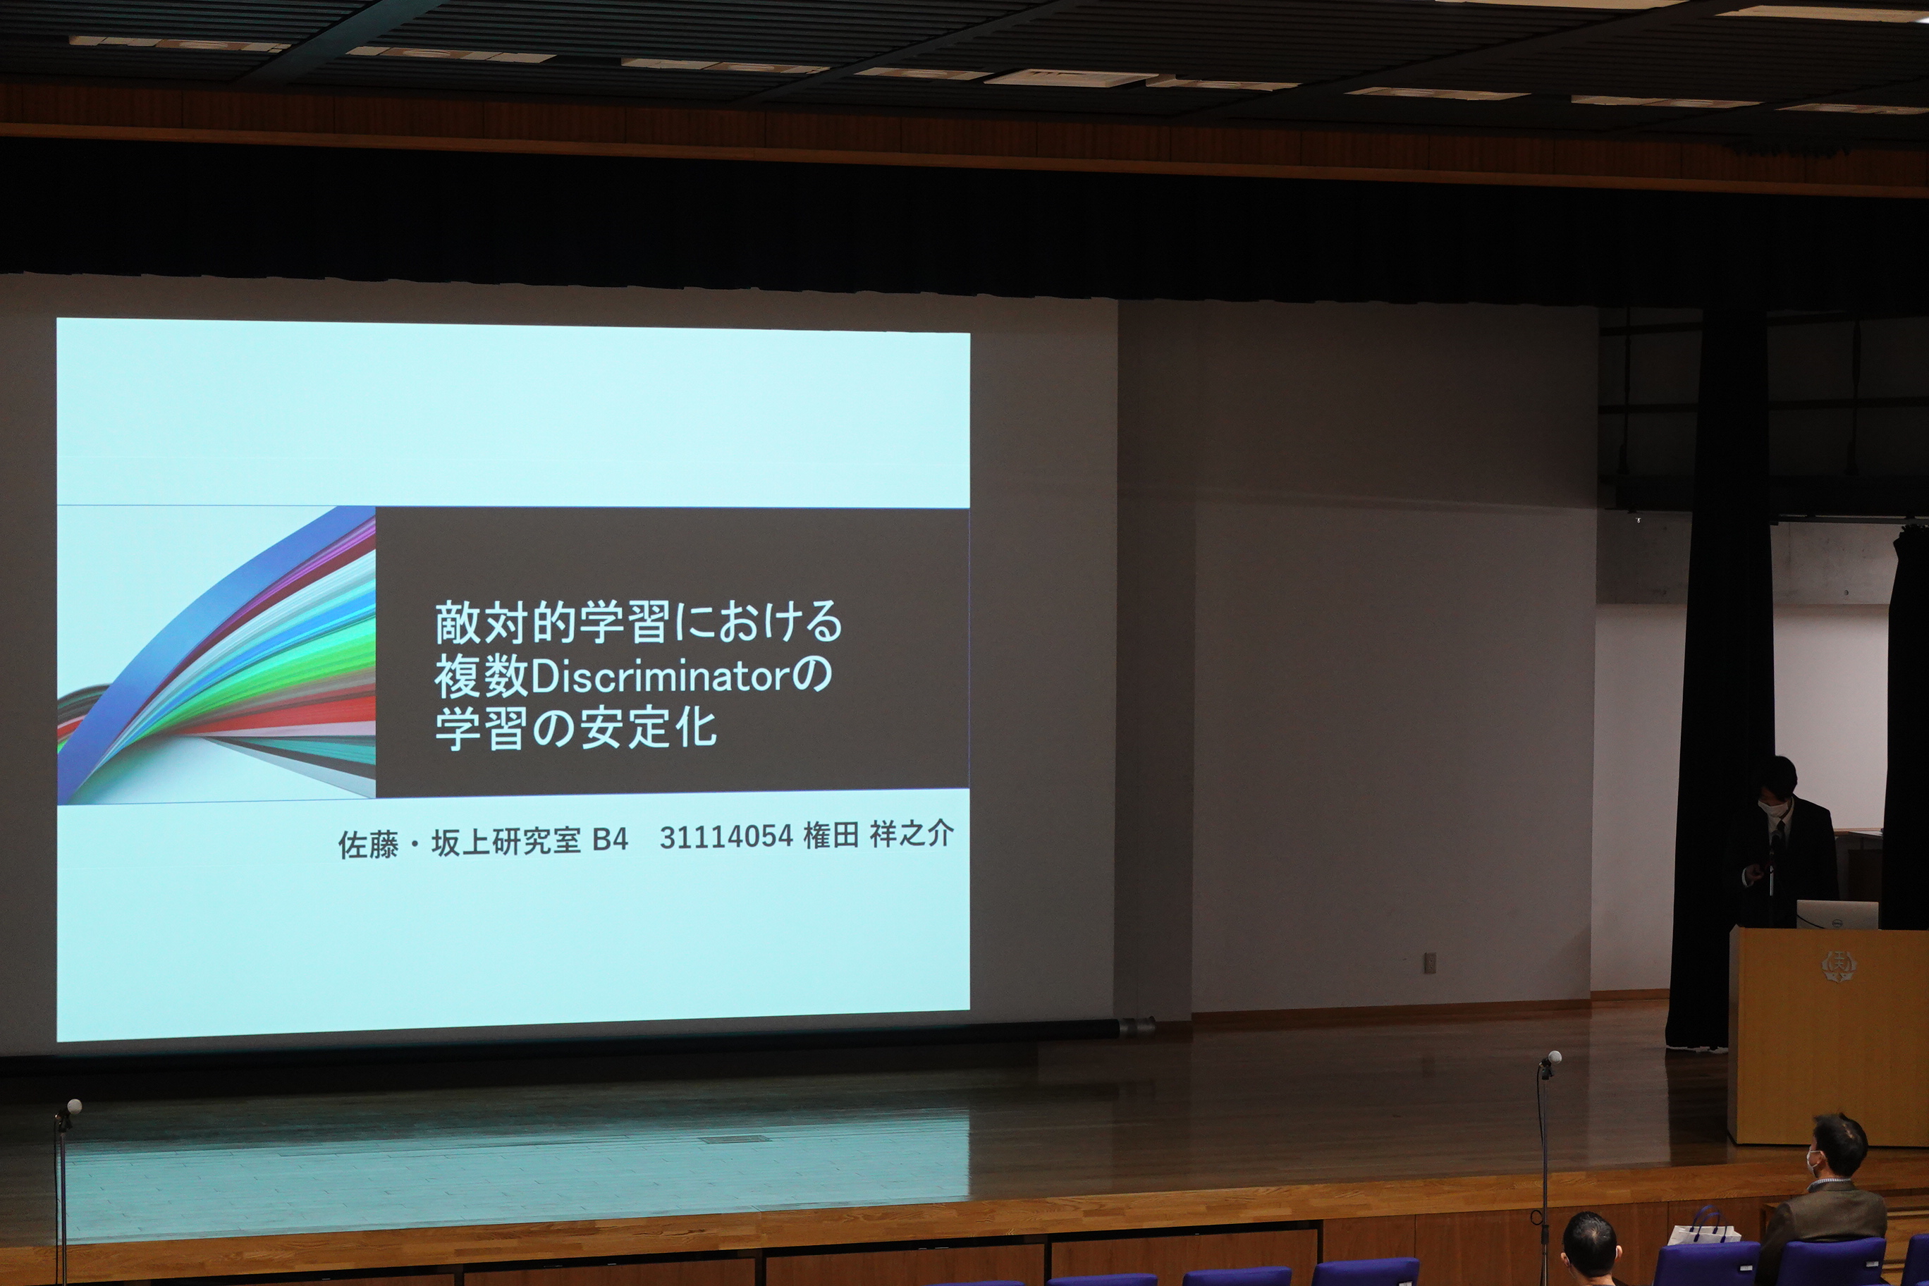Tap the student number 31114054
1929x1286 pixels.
(x=725, y=838)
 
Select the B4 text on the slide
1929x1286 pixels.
(x=609, y=840)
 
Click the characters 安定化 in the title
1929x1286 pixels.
(x=648, y=727)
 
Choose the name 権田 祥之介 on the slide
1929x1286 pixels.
(x=878, y=835)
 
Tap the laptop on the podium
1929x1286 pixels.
(x=1837, y=914)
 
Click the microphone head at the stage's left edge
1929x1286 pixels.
(x=74, y=1106)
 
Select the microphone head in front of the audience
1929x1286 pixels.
(x=1552, y=1059)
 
